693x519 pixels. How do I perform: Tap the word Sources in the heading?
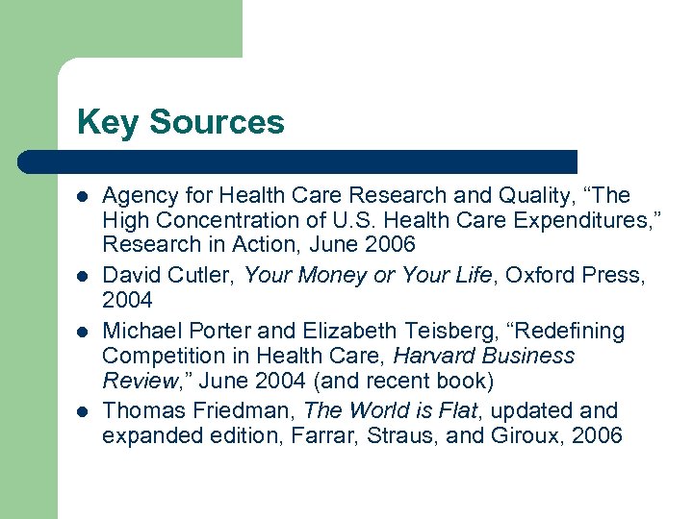(x=217, y=122)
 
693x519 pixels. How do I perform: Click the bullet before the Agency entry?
(x=83, y=197)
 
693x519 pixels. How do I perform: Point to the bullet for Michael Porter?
(x=83, y=332)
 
